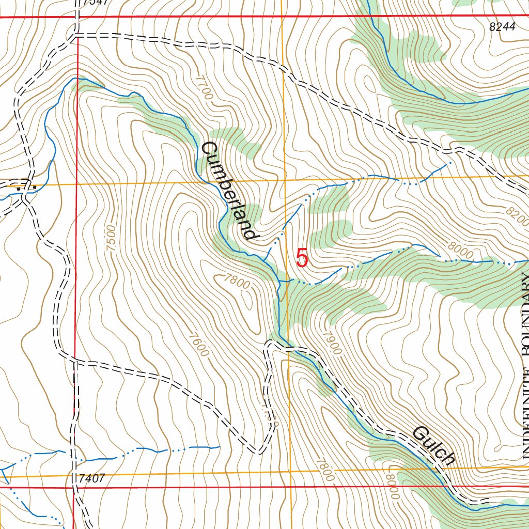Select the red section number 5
tap(302, 258)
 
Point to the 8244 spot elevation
tap(502, 28)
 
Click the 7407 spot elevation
tap(93, 478)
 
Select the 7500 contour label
tap(110, 238)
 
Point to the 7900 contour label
tap(331, 341)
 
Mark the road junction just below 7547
tap(76, 35)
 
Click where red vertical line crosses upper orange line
tap(76, 183)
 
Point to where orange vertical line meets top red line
tap(282, 17)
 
